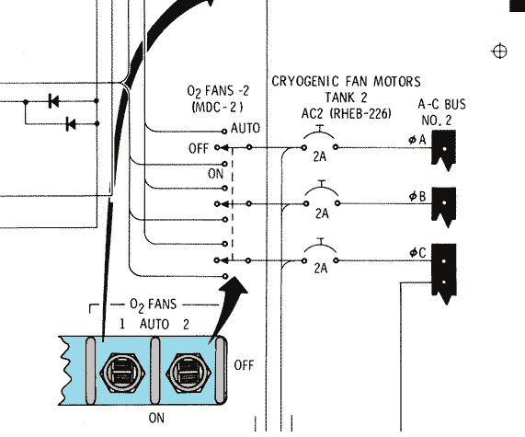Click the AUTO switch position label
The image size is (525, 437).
coord(245,129)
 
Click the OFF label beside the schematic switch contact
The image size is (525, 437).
coord(199,148)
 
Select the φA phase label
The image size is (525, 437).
coord(417,140)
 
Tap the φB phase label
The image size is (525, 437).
coord(417,196)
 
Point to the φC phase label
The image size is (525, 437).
coord(417,253)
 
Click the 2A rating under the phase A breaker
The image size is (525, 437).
coord(320,156)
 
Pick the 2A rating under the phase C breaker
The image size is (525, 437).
coord(321,268)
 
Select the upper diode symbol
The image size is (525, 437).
coord(53,101)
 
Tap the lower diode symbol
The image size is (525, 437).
coord(71,124)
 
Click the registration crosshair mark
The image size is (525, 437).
coord(499,52)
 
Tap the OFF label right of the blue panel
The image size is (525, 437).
coord(244,365)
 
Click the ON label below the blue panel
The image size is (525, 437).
coord(156,418)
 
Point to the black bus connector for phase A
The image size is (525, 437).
coord(444,150)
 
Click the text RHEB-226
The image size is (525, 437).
coord(360,114)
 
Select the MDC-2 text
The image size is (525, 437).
coord(217,108)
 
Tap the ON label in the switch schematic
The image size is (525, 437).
coord(216,174)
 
